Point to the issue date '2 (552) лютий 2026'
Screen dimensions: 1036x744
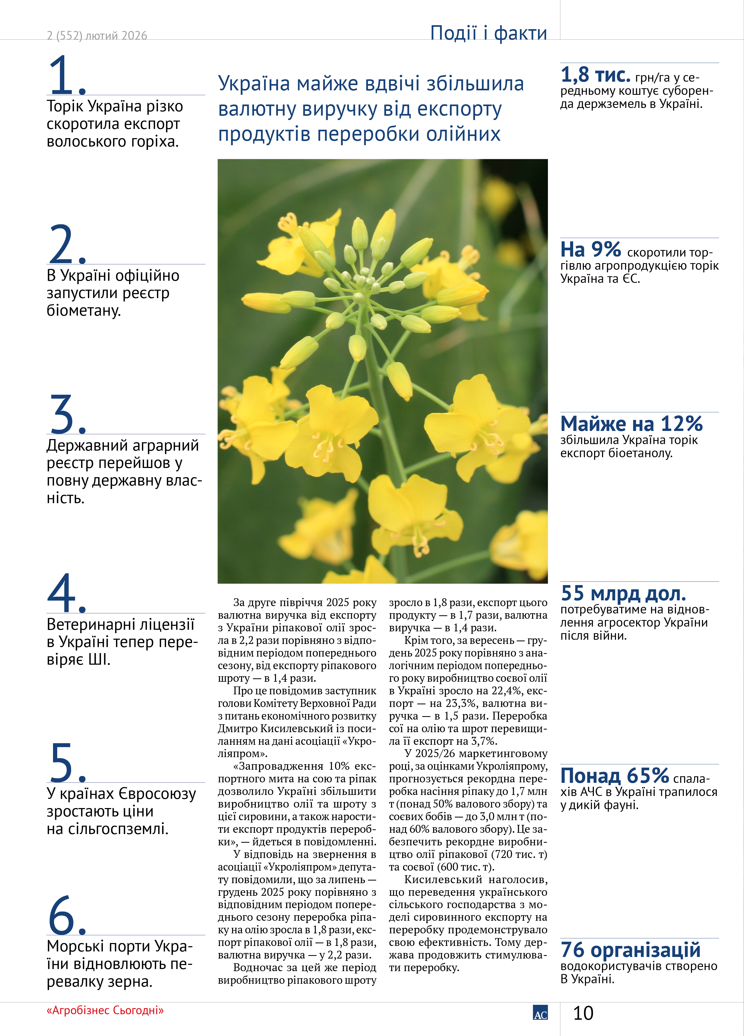[x=97, y=36]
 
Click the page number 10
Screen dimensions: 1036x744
[x=583, y=1013]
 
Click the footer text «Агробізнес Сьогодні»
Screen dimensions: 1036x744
[x=105, y=1010]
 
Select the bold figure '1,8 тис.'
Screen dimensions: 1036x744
[x=595, y=75]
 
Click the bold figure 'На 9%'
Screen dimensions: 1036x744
[x=591, y=249]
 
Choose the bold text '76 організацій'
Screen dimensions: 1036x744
[x=630, y=950]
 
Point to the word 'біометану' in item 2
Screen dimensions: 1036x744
[x=83, y=311]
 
